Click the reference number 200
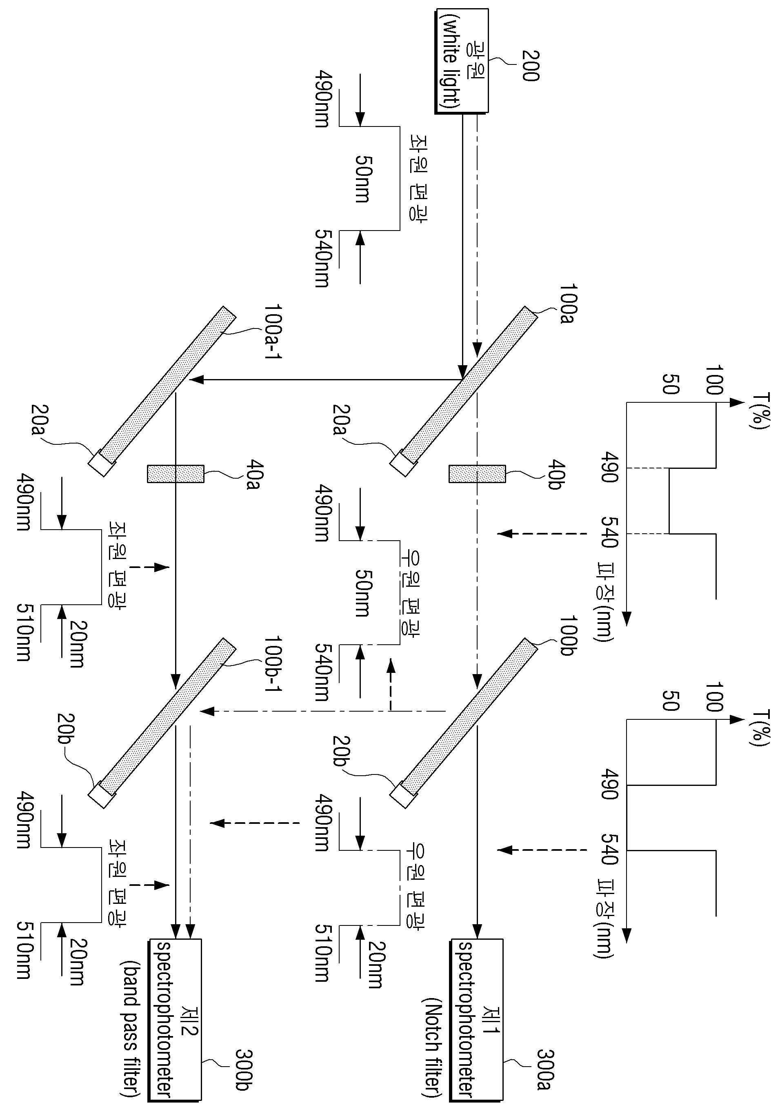[x=530, y=66]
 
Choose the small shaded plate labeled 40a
[x=176, y=474]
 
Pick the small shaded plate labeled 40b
[x=477, y=474]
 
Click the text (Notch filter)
[x=432, y=1035]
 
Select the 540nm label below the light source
[x=322, y=258]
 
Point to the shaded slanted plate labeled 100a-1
[x=162, y=391]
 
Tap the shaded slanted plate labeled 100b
[x=464, y=722]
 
